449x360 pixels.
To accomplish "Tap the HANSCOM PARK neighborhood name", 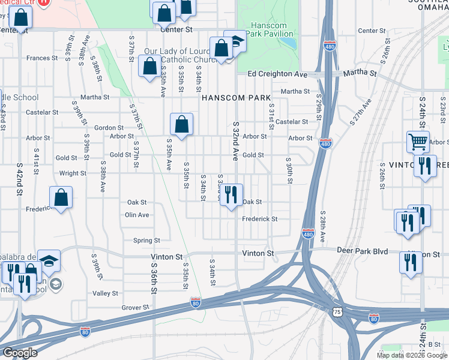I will [236, 97].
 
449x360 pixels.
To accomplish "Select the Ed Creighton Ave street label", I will [277, 74].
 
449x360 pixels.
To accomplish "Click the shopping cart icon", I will [418, 142].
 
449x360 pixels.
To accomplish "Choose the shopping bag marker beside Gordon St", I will [181, 125].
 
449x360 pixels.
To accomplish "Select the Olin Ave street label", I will [137, 215].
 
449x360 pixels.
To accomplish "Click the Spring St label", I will [146, 241].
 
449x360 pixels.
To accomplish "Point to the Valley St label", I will [106, 293].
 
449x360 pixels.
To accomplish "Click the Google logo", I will [20, 353].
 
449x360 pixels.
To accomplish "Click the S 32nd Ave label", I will [236, 140].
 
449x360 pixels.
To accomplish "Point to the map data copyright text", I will [411, 355].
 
